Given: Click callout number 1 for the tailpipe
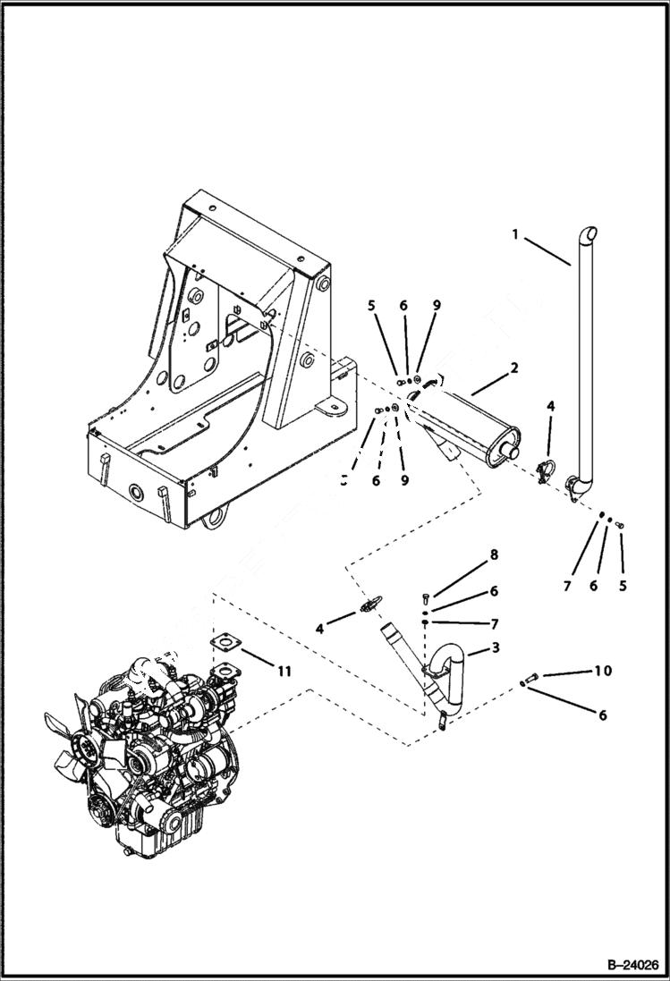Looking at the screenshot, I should point(516,234).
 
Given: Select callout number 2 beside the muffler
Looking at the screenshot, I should point(514,367).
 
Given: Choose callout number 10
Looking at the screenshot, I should point(603,671).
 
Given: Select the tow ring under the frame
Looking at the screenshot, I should point(213,517).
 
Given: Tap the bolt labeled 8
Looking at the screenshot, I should point(426,596).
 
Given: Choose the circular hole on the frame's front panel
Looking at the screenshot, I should point(138,494).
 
